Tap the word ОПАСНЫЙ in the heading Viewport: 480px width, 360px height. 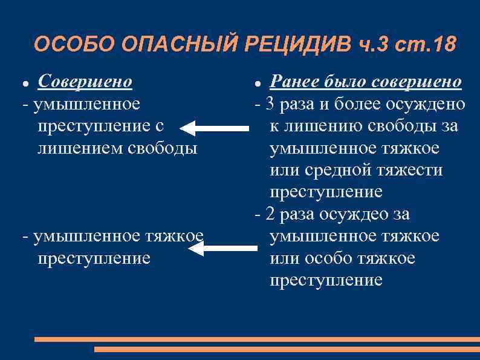coord(177,44)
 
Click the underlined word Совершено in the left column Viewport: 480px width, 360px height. coord(85,81)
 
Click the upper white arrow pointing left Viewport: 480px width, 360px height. coord(215,128)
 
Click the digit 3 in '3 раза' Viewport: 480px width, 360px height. coord(270,104)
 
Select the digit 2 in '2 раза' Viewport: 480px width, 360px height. coord(270,214)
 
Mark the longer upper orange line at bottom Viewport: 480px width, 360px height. coord(257,339)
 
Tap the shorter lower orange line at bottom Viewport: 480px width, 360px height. coord(287,349)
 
